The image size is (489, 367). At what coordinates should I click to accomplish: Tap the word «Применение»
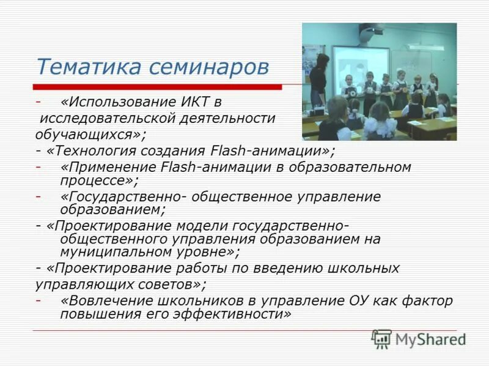101,166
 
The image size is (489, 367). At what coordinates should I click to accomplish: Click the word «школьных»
367,268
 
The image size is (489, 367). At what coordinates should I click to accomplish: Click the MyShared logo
419,339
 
